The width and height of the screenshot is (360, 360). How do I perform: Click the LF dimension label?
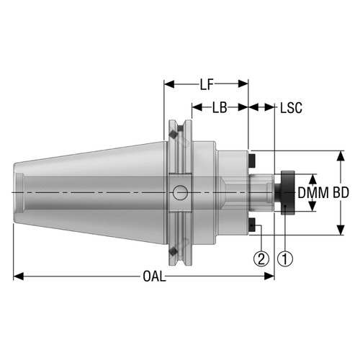[x=207, y=85]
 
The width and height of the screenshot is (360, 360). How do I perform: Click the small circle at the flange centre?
[x=179, y=192]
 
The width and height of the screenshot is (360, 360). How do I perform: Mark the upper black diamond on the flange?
[x=174, y=136]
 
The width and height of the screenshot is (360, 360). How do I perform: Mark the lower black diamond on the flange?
[x=174, y=249]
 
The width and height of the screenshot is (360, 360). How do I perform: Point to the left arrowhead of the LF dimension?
[x=168, y=85]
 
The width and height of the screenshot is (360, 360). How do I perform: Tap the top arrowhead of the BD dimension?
[x=340, y=154]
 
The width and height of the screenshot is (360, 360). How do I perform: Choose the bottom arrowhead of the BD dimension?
[x=340, y=232]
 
